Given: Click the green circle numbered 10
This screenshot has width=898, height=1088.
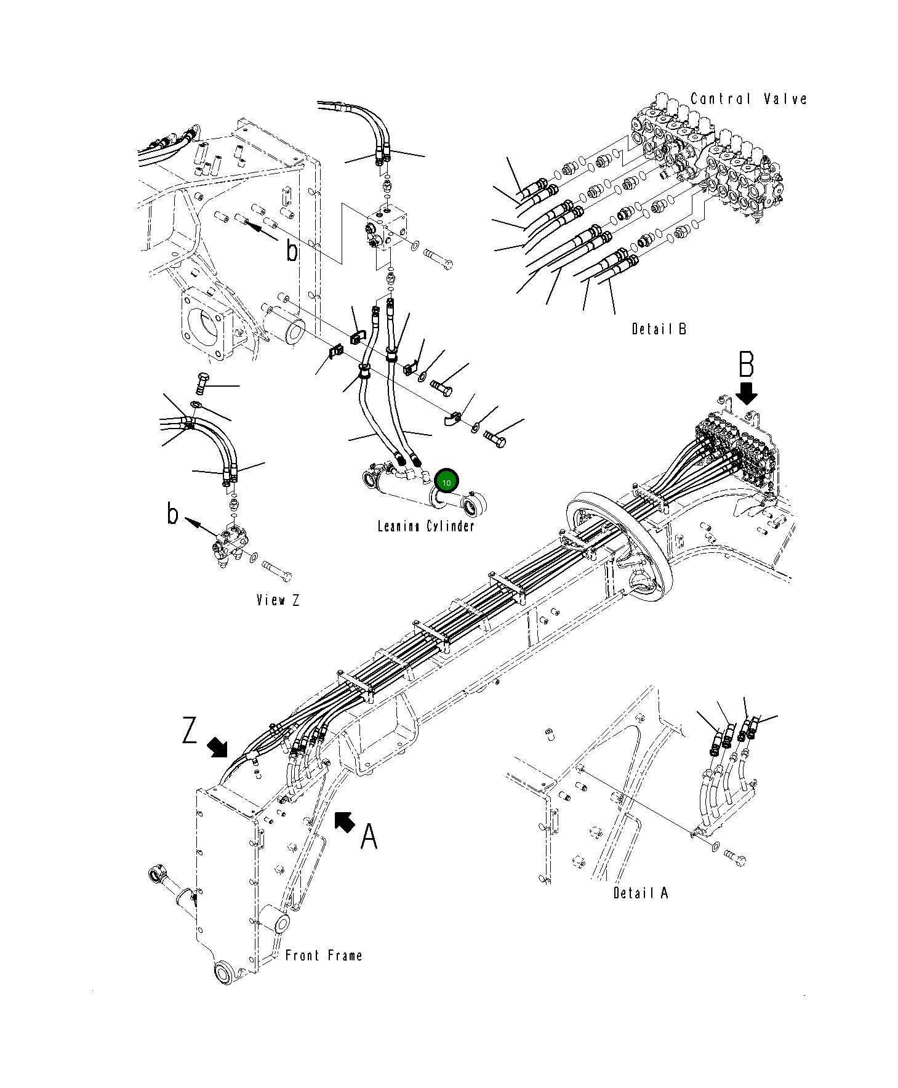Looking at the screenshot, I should (x=446, y=482).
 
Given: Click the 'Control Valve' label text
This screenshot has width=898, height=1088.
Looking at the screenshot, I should (x=748, y=99).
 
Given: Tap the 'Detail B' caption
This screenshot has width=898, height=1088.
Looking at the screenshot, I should (x=659, y=329).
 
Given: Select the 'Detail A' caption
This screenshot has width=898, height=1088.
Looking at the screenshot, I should (x=640, y=892).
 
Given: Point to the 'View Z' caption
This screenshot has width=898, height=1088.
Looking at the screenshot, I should (x=278, y=600).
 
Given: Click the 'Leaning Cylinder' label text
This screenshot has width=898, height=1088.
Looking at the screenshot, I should (x=426, y=526).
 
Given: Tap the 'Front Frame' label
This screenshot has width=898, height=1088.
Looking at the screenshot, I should (x=324, y=956).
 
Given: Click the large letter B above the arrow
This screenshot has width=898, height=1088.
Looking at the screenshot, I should (x=746, y=365).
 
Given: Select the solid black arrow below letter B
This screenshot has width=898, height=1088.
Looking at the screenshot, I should (x=748, y=392).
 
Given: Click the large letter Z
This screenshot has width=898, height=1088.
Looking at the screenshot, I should (x=190, y=731).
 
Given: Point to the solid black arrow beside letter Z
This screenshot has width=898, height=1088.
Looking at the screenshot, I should (x=217, y=747).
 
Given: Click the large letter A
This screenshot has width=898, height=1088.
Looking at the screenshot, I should (x=368, y=837).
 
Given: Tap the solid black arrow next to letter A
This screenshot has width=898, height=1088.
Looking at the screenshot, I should (x=344, y=821).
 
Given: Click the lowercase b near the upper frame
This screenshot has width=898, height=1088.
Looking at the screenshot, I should (x=292, y=250).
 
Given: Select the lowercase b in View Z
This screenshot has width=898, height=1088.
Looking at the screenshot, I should (x=173, y=514).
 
